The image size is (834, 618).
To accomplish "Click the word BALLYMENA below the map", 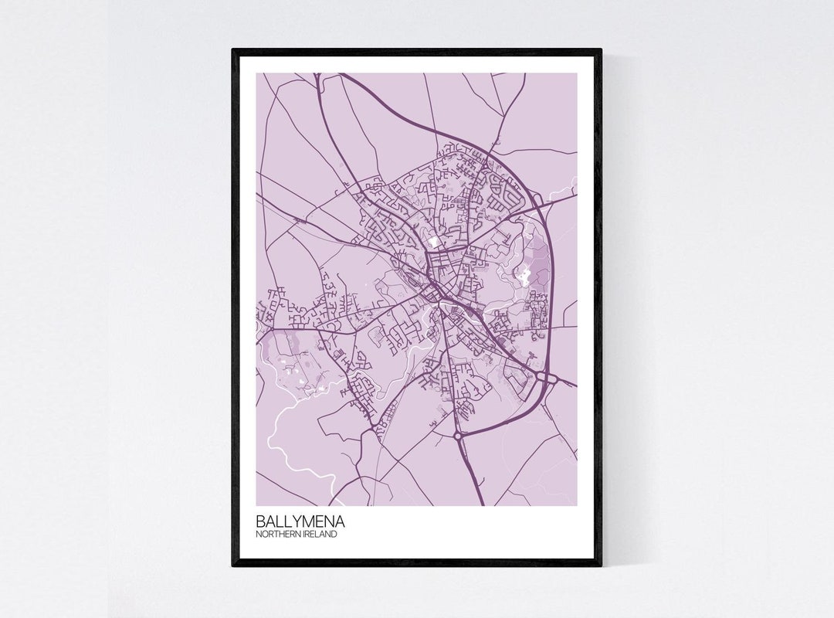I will click(302, 521).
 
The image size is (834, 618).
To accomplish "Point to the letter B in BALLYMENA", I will click(262, 521).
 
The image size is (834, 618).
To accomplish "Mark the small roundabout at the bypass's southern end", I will click(458, 436).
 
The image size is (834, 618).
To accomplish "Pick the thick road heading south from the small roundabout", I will click(471, 471).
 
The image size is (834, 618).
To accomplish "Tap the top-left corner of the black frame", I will click(234, 51).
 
